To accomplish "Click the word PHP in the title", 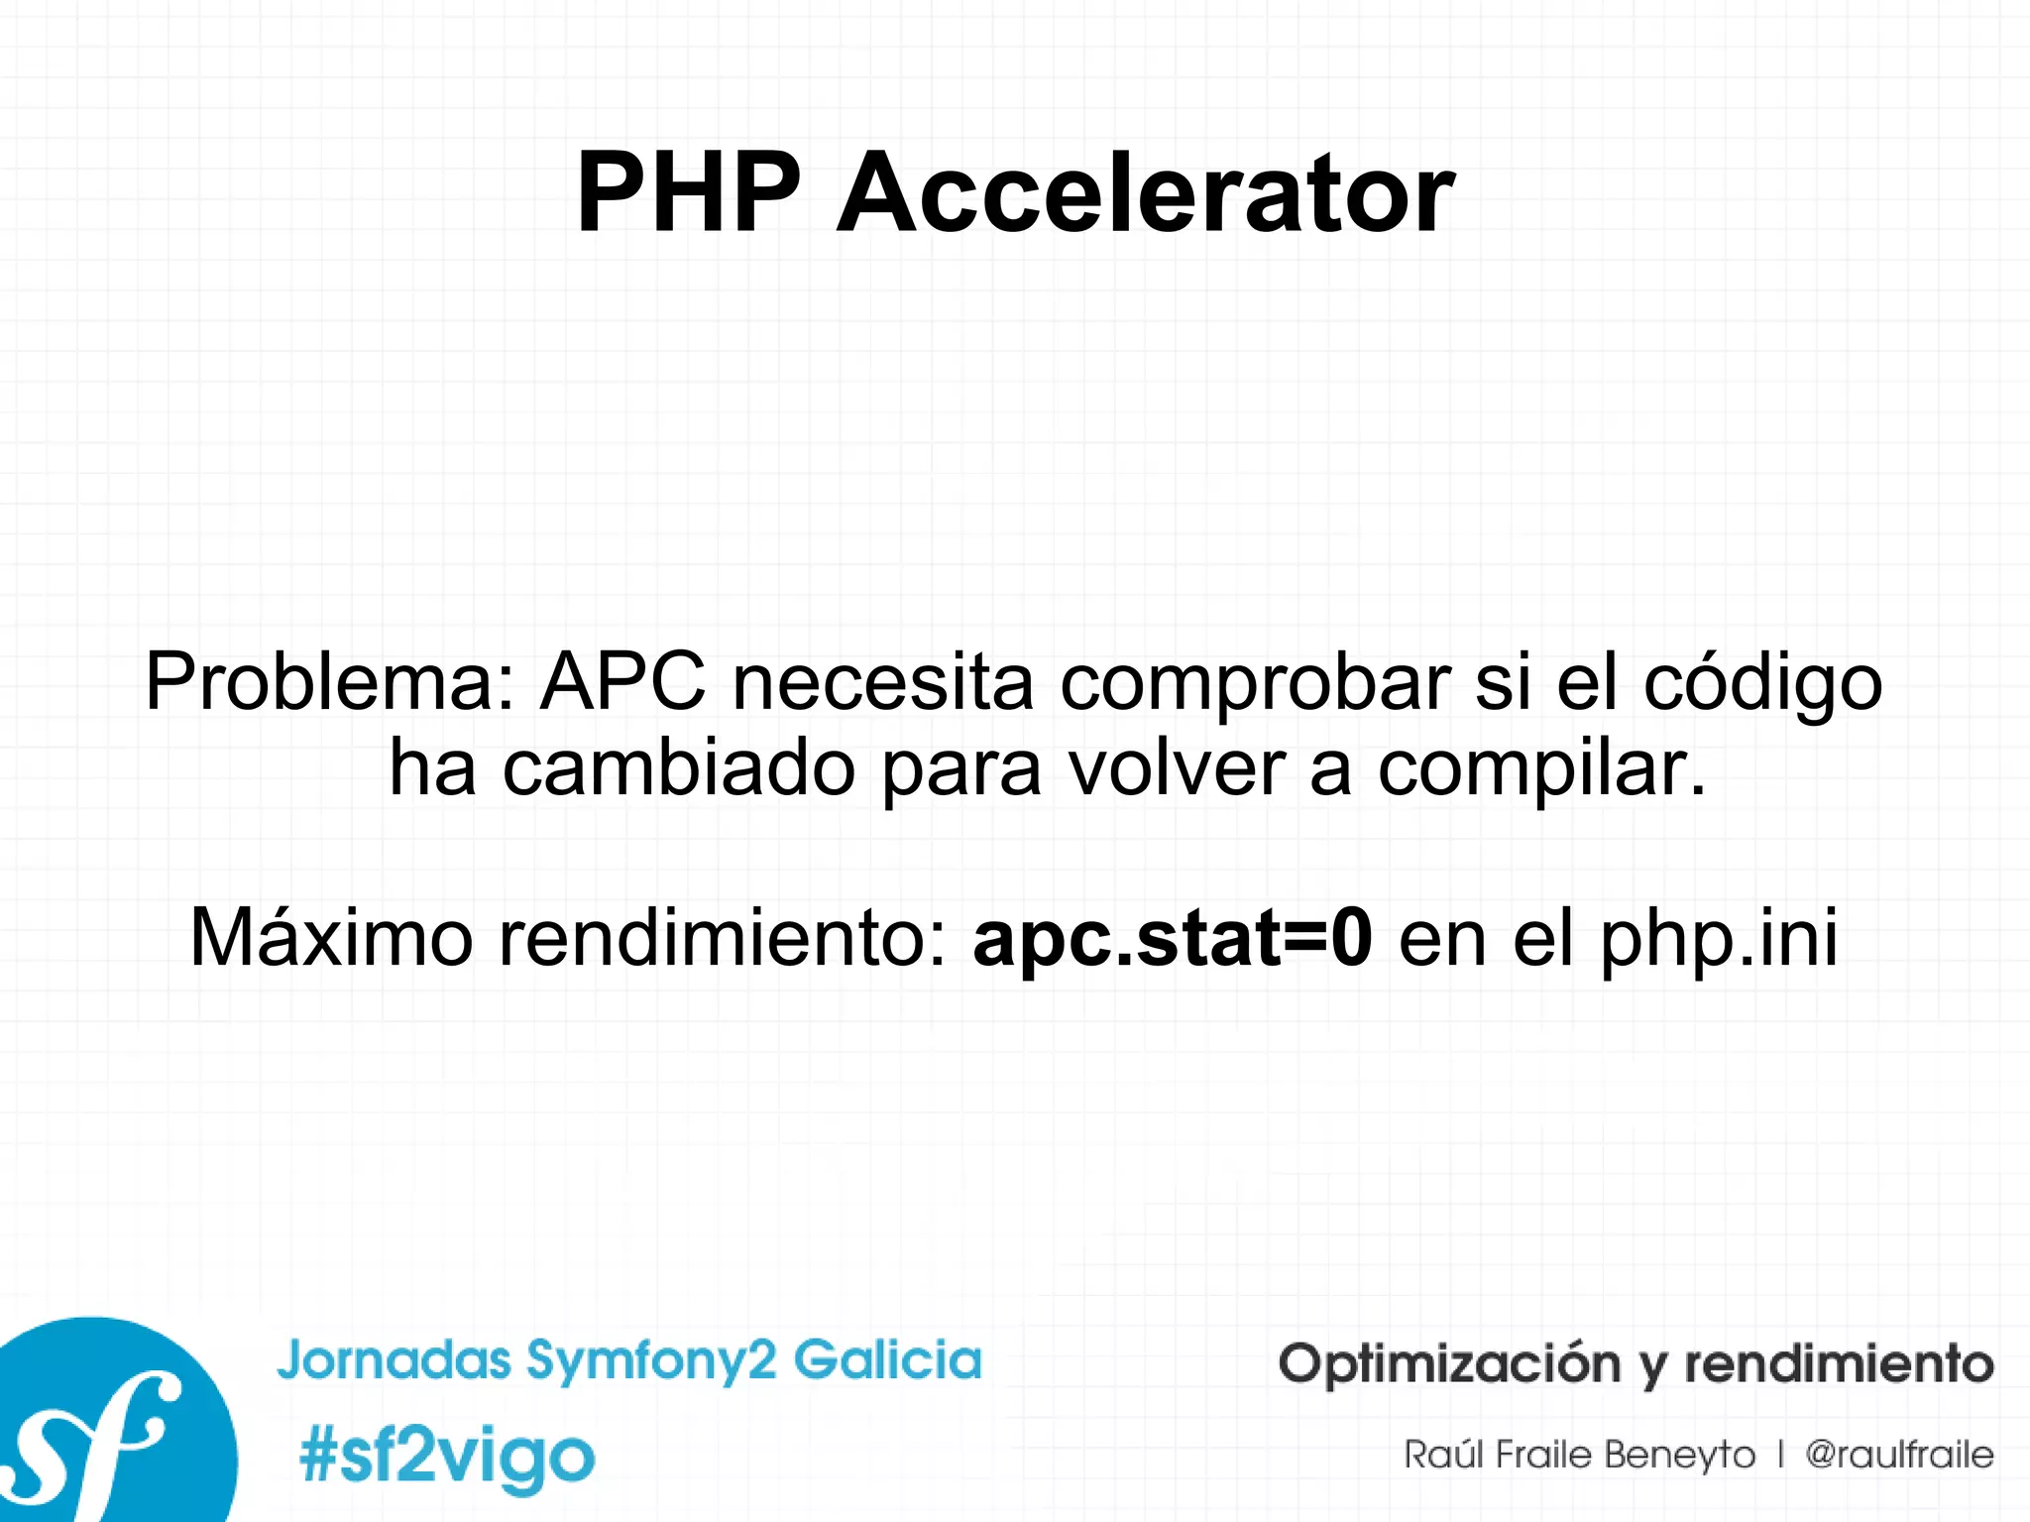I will (x=688, y=193).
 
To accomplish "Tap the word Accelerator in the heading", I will (x=1145, y=193).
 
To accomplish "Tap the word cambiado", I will (x=679, y=768).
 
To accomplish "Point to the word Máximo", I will (x=331, y=938).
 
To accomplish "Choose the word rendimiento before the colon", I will (x=723, y=938).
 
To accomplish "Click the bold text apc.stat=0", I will (x=1173, y=940).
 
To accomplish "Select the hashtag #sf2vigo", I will (x=447, y=1458).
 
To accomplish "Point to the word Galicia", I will (x=888, y=1359).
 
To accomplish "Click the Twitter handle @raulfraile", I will (x=1899, y=1456).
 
